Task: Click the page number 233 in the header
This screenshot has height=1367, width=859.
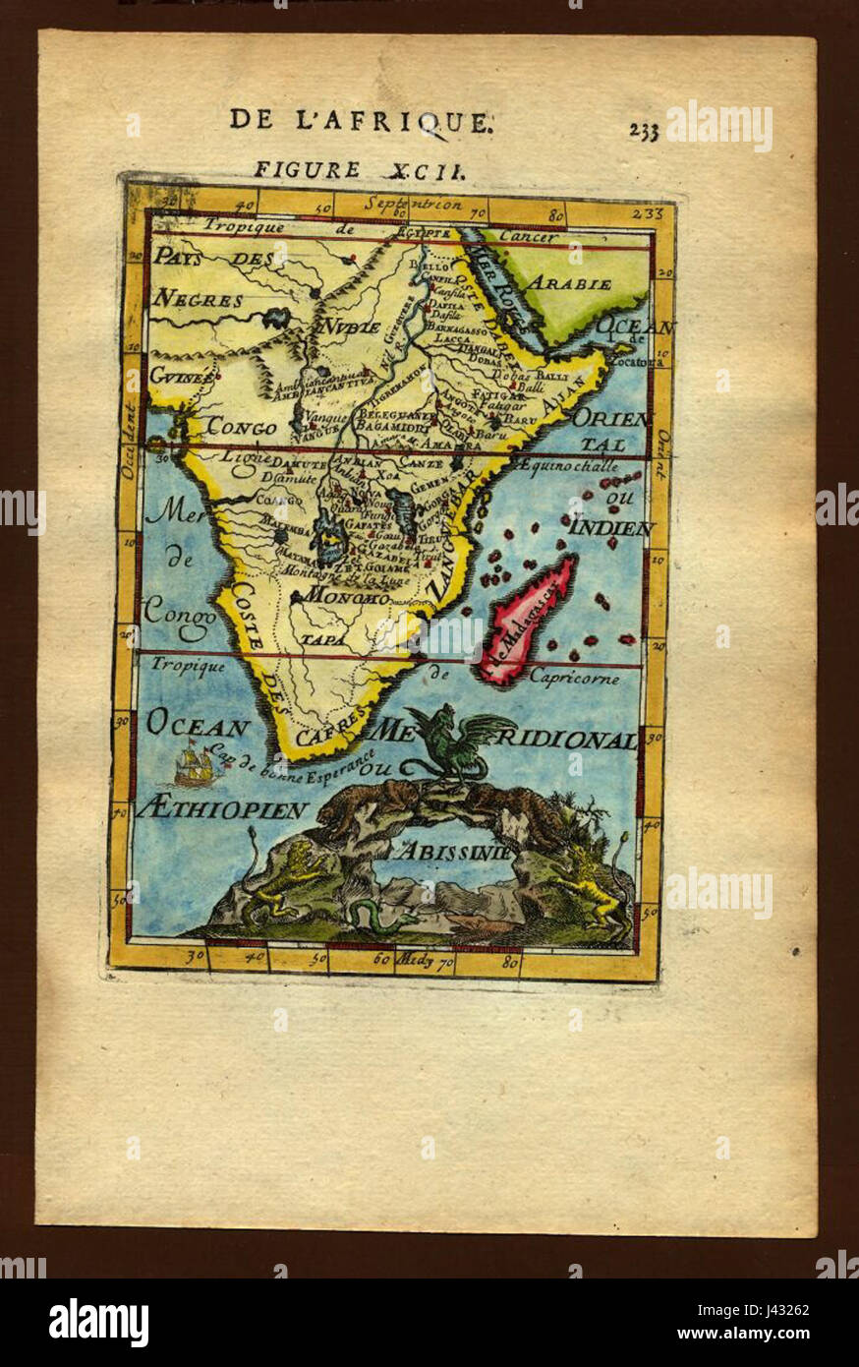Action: coord(644,131)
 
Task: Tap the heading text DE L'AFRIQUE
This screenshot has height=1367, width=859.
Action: coord(360,120)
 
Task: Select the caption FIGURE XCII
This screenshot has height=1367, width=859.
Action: coord(359,169)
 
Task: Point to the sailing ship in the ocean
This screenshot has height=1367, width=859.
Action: coord(195,764)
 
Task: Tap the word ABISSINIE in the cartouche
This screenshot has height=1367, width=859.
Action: coord(455,852)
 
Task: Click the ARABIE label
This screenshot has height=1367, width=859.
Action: coord(571,283)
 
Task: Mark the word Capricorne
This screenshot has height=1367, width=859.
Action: coord(574,677)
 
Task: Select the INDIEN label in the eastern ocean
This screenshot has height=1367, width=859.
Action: coord(612,528)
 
